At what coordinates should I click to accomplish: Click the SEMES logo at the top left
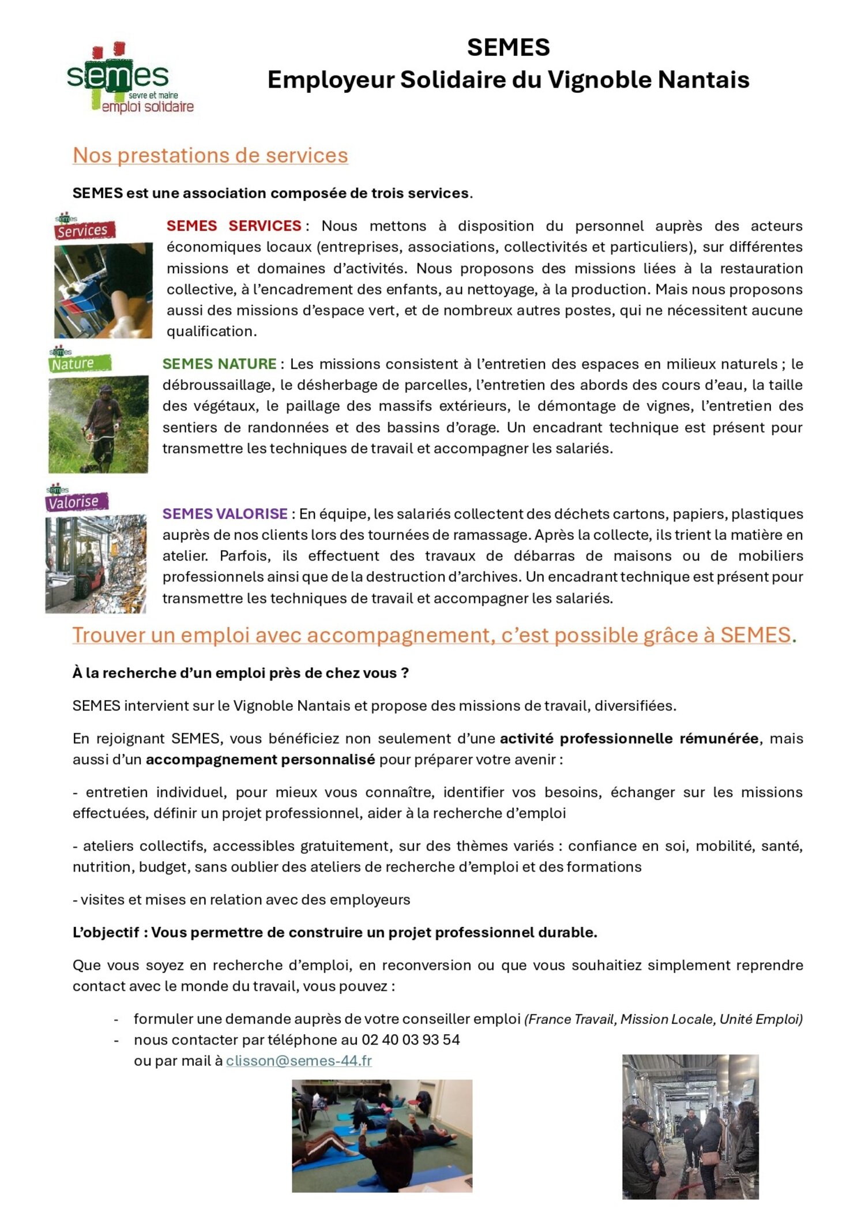point(130,78)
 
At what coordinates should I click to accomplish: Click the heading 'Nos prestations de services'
point(210,155)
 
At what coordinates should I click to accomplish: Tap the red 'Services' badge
point(84,230)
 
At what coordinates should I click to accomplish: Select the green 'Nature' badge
point(78,363)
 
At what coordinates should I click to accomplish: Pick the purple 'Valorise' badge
point(76,501)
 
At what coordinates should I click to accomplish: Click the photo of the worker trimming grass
point(98,424)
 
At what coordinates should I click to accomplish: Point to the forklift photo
point(96,564)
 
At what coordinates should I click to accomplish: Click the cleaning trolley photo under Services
point(103,290)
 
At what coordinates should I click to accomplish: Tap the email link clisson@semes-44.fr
point(299,1061)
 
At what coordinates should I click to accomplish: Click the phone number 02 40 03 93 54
point(411,1040)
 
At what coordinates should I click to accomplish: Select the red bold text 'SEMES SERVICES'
point(234,226)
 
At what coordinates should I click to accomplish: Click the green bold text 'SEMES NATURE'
point(219,364)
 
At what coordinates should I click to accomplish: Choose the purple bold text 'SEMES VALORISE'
point(225,513)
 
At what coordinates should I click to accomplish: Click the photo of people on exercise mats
point(382,1136)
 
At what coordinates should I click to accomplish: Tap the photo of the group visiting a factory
point(690,1127)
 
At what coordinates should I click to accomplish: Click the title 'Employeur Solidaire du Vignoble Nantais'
point(508,80)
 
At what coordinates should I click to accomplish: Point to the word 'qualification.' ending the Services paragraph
point(212,331)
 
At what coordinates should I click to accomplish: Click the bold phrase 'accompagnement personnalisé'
point(260,760)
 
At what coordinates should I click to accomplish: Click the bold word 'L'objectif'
point(106,932)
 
